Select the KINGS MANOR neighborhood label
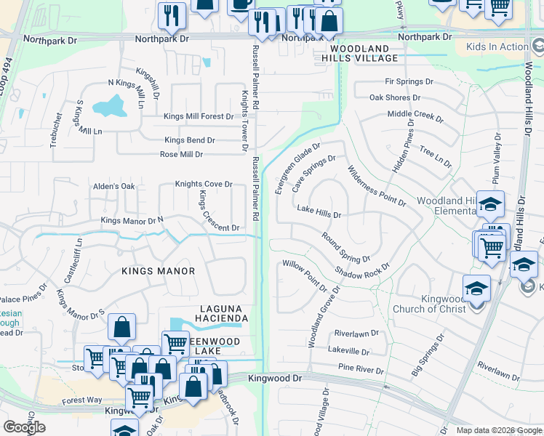(x=159, y=271)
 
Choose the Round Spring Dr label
(x=346, y=248)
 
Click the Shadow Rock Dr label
(x=362, y=270)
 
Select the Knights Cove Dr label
(x=204, y=185)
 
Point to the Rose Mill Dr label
(x=182, y=154)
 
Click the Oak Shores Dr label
(x=395, y=97)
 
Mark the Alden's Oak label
(x=114, y=187)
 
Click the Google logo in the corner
(x=24, y=427)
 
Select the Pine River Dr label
(x=361, y=370)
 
